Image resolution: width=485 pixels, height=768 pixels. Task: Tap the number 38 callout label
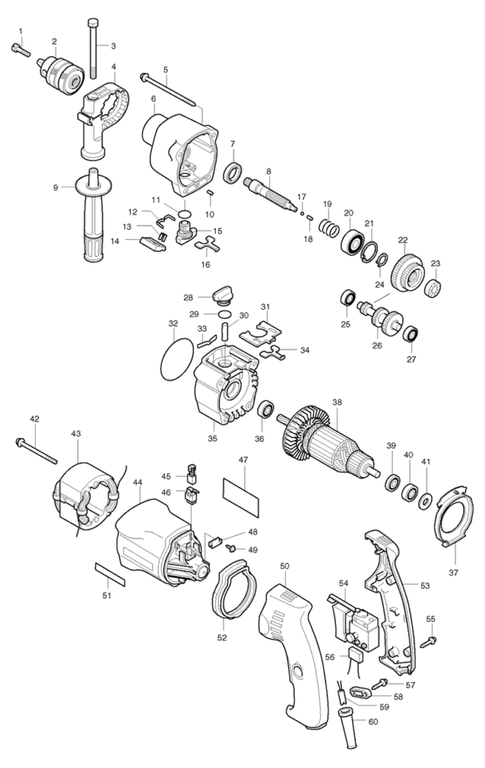337,402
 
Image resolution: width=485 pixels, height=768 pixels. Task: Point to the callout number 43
76,433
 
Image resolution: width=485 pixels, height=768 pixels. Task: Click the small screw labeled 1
20,49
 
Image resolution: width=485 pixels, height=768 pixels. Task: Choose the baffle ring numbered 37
455,514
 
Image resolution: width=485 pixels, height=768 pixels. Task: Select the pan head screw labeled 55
431,639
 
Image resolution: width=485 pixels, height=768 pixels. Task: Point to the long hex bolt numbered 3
92,48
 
